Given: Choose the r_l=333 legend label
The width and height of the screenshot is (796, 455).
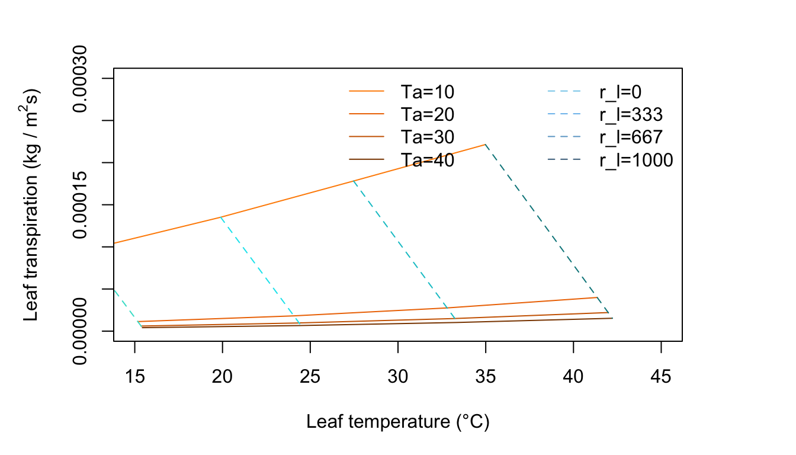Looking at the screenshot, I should point(631,114).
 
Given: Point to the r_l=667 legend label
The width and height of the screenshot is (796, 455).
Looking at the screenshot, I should point(631,137).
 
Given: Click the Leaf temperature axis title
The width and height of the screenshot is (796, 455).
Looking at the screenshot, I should point(397,422).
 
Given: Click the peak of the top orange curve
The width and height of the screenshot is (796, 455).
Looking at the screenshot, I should point(486,144).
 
